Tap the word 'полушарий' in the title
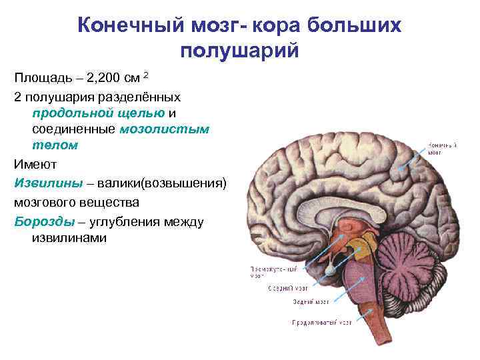240,51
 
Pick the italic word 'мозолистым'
164,129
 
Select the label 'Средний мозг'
286,289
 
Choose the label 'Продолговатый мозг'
321,323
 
